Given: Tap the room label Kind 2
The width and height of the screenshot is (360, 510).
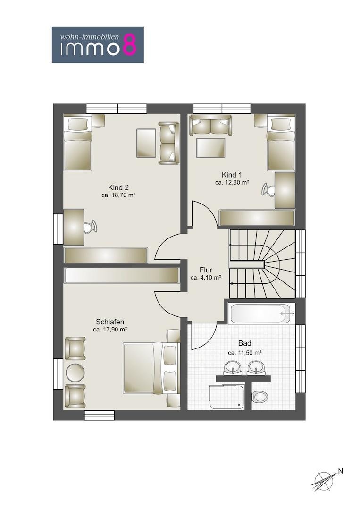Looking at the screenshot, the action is (x=118, y=187).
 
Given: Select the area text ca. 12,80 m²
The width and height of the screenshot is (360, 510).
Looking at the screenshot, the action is (x=232, y=183).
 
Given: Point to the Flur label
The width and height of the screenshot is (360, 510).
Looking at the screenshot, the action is (x=206, y=270).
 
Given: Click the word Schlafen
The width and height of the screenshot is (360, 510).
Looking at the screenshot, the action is (x=110, y=322).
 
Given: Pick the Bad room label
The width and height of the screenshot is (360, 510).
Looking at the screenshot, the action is (x=245, y=343).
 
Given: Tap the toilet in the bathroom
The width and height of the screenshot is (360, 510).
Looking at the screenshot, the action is (x=260, y=397).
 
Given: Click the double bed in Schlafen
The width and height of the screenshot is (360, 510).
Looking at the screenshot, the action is (x=151, y=367).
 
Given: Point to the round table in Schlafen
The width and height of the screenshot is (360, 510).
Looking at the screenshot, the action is (x=75, y=372).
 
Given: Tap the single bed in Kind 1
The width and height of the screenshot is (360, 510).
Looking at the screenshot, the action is (x=281, y=144).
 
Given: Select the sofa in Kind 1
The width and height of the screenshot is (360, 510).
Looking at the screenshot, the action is (x=211, y=125).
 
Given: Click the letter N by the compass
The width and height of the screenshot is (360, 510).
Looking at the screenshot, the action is (x=340, y=471).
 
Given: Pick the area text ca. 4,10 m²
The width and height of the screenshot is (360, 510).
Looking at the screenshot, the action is (x=206, y=278).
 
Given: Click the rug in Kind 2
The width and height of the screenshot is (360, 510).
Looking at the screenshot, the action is (x=146, y=143).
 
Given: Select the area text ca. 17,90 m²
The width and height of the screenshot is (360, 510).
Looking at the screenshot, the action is (x=110, y=330).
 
